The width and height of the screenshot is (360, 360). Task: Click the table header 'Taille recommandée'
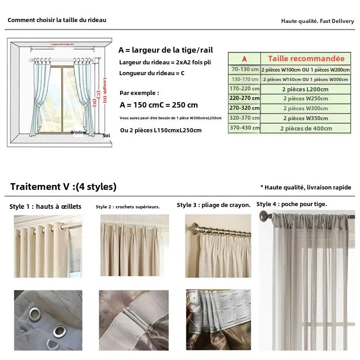point(306,58)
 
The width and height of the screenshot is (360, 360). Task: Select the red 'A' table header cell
point(244,58)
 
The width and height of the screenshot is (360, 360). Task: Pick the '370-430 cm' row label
point(245,128)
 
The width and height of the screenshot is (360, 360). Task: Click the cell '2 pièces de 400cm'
point(306,128)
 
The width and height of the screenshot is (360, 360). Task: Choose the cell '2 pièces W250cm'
point(306,99)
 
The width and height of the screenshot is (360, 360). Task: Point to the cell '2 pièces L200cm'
point(306,89)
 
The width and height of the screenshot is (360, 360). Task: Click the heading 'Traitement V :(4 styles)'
point(63,186)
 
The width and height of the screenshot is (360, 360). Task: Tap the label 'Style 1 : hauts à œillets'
point(45,207)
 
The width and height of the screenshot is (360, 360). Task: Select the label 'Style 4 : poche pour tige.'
point(292,204)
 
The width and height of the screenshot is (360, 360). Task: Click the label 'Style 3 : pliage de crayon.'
point(214,205)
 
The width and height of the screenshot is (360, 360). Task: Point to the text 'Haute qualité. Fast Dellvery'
point(318,21)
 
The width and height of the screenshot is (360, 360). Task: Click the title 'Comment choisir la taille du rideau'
point(57,20)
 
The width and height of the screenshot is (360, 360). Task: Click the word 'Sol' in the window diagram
point(106,135)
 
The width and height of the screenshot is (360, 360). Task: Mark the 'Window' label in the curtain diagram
point(78,132)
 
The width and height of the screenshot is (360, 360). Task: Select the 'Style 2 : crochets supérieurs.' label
point(128,207)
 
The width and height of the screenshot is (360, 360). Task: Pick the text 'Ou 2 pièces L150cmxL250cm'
point(161,130)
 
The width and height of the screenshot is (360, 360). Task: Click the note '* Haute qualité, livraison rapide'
point(306,187)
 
